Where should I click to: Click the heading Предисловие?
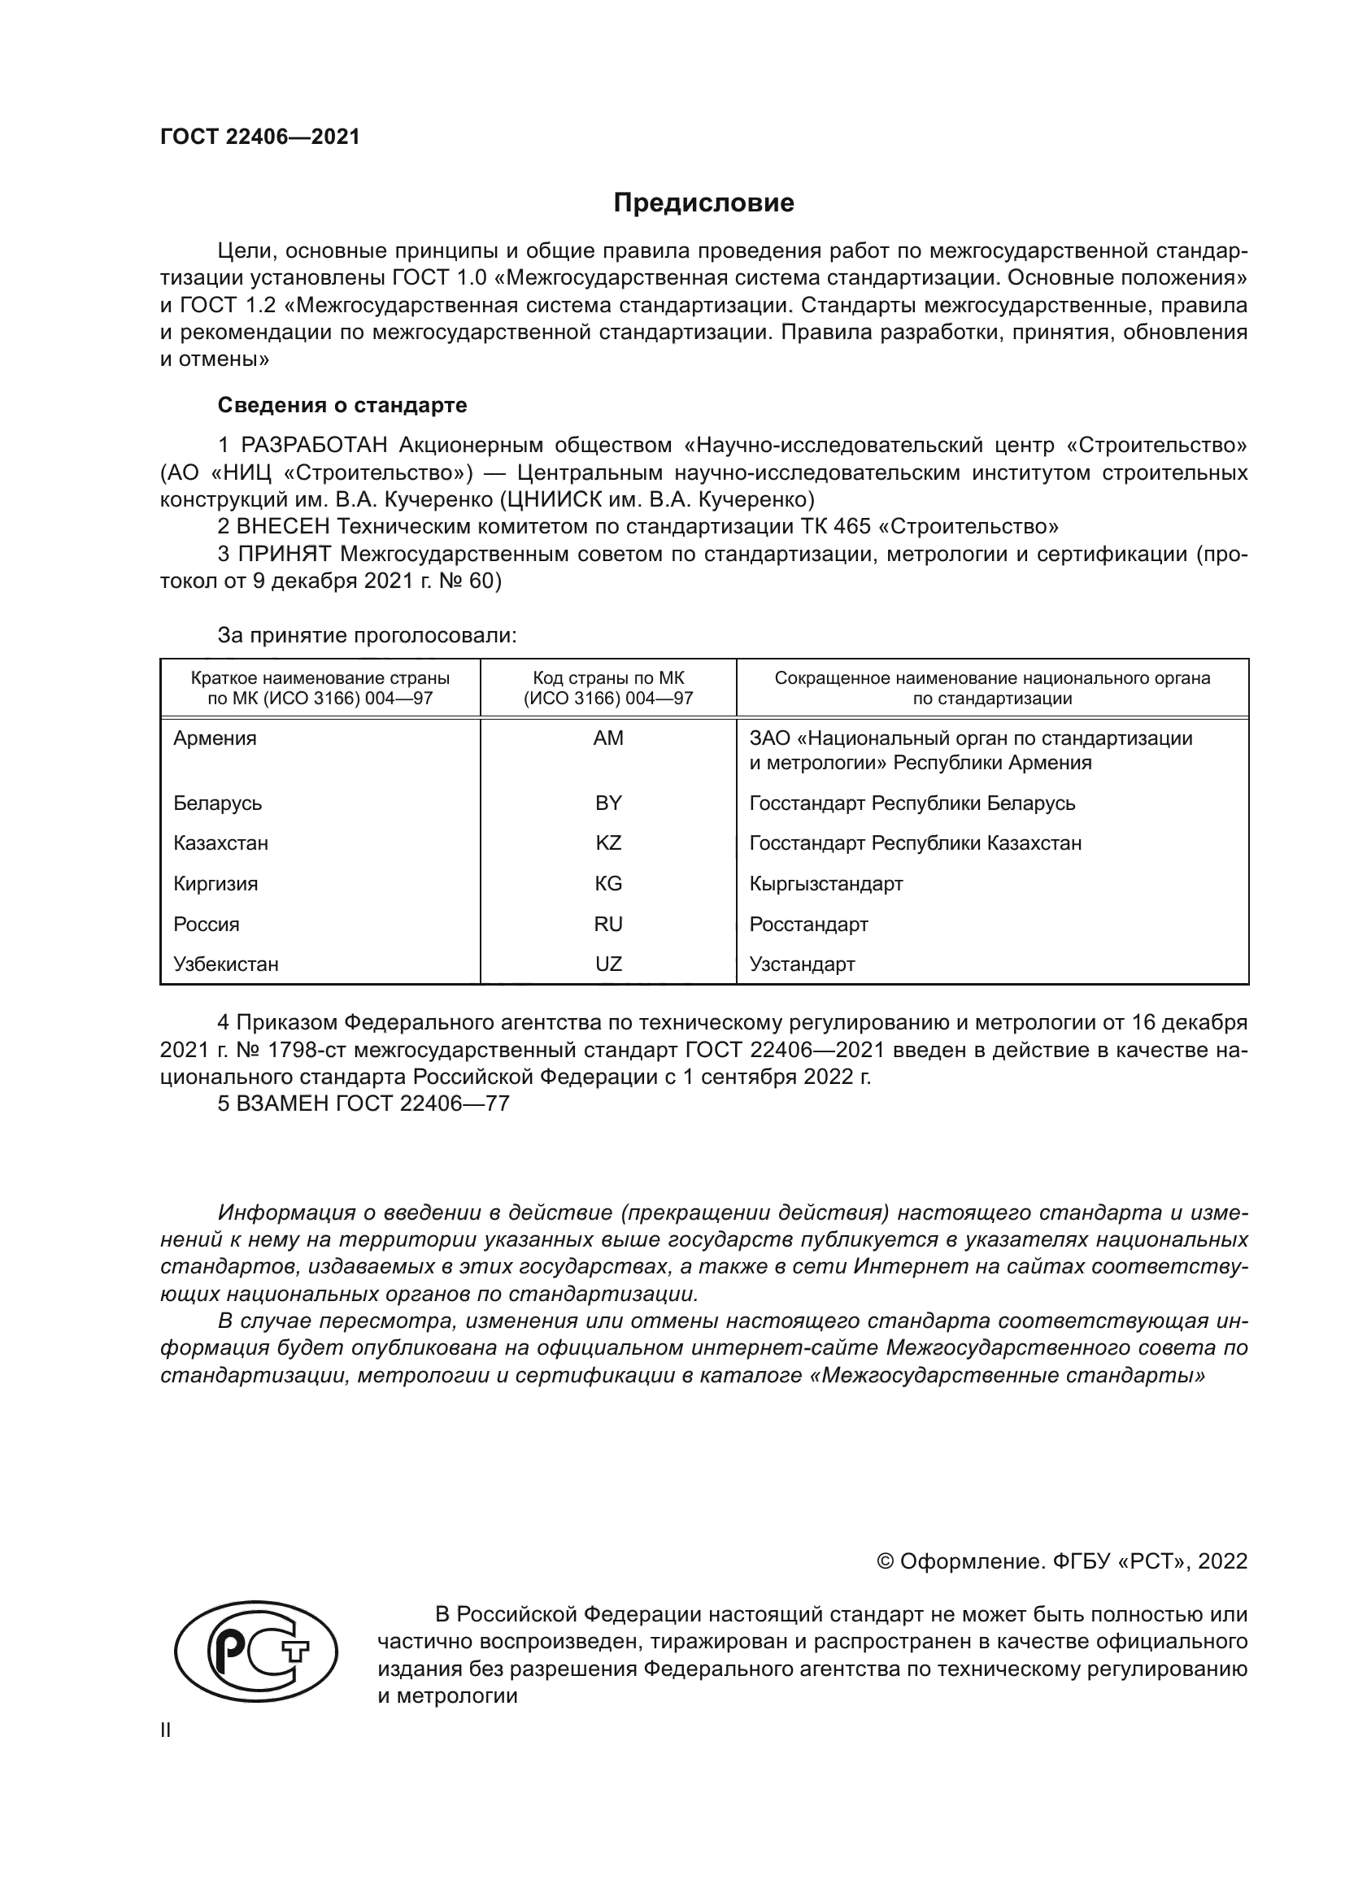[703, 203]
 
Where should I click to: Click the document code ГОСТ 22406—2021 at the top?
[260, 137]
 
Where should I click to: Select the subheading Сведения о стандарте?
[342, 405]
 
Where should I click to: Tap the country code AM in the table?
[608, 738]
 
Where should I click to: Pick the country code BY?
[608, 803]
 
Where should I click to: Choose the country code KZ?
[608, 843]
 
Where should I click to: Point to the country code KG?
[608, 884]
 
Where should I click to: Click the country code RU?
[608, 925]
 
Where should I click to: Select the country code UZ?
[608, 964]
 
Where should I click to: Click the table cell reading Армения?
[215, 738]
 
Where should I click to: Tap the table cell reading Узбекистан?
[225, 964]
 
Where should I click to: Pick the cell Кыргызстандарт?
[825, 884]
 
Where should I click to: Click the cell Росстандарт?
[808, 925]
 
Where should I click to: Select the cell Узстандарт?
[802, 964]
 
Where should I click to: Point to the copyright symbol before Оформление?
[885, 1561]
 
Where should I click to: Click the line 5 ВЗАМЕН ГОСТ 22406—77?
[363, 1104]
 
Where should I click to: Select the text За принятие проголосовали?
[367, 635]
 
